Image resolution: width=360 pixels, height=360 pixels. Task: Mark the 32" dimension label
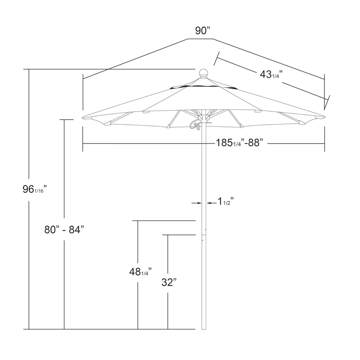point(169,283)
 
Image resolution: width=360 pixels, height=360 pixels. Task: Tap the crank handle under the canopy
point(195,125)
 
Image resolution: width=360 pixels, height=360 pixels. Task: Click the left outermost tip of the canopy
point(83,118)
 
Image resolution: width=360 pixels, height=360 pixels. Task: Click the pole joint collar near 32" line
point(204,233)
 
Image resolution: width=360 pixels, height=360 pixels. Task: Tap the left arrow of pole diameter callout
point(197,203)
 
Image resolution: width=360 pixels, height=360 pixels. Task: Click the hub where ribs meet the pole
point(203,117)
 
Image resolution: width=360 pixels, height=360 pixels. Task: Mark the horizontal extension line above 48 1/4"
point(166,221)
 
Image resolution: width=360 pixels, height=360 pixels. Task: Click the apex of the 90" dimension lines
point(188,39)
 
